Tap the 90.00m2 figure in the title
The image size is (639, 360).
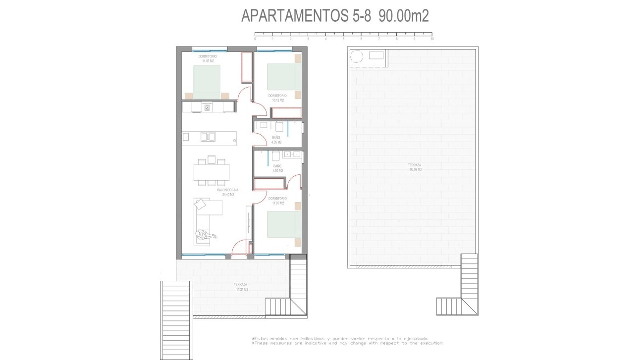(404, 16)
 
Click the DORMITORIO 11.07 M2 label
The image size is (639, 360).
(208, 58)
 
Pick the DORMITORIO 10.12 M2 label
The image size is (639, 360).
(277, 98)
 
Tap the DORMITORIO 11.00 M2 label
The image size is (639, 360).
(277, 201)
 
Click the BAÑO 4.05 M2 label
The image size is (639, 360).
(276, 140)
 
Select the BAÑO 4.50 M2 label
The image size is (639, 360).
(277, 168)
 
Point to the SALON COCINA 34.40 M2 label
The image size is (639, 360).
(227, 192)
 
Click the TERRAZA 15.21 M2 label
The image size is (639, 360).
(241, 286)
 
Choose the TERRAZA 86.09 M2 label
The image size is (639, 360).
(415, 167)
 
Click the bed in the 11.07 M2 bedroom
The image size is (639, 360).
(207, 82)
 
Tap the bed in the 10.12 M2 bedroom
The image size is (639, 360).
(284, 77)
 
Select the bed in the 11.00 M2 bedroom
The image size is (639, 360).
(284, 224)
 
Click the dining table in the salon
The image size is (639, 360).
(212, 172)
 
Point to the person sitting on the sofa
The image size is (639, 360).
(204, 236)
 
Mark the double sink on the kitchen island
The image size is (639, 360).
(208, 137)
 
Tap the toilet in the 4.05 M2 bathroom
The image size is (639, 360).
(278, 126)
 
